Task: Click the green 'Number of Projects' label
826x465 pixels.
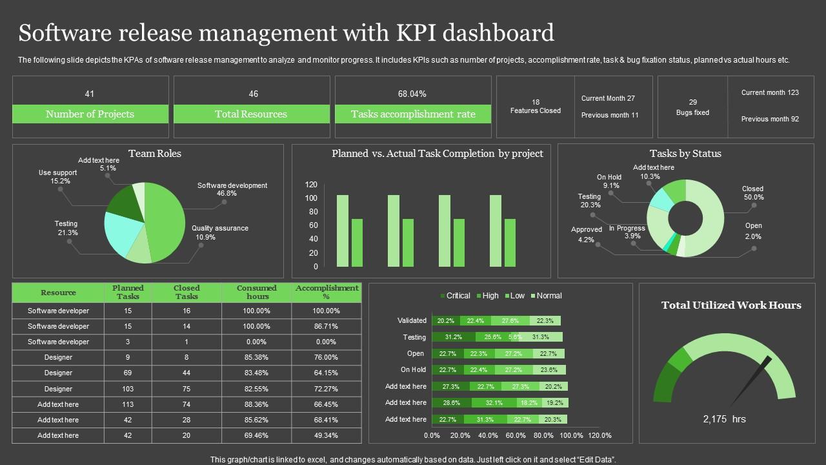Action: tap(90, 114)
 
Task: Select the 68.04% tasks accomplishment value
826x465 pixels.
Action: tap(412, 94)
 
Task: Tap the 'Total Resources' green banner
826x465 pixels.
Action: tap(251, 114)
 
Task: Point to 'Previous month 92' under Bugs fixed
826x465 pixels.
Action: tap(770, 119)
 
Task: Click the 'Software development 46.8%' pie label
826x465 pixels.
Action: tap(232, 189)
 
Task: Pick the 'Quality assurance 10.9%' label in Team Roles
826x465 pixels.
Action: tap(219, 232)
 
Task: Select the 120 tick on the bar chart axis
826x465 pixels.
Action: tap(311, 185)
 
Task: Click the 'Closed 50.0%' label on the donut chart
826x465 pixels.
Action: tap(752, 193)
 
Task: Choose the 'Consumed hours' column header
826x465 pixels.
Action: tap(257, 292)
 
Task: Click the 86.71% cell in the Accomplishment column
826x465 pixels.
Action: tap(326, 326)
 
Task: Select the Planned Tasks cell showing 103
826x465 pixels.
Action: tap(128, 389)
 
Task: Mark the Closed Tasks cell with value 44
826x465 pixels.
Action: tap(186, 373)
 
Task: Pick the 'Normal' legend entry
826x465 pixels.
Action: tap(545, 296)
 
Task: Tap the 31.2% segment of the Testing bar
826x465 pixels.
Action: tap(454, 337)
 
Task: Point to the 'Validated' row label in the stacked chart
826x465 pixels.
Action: tap(412, 320)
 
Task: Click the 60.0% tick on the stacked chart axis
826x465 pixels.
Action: tap(516, 435)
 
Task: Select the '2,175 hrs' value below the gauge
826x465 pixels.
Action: tap(724, 419)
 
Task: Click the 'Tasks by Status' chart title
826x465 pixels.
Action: tap(685, 154)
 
